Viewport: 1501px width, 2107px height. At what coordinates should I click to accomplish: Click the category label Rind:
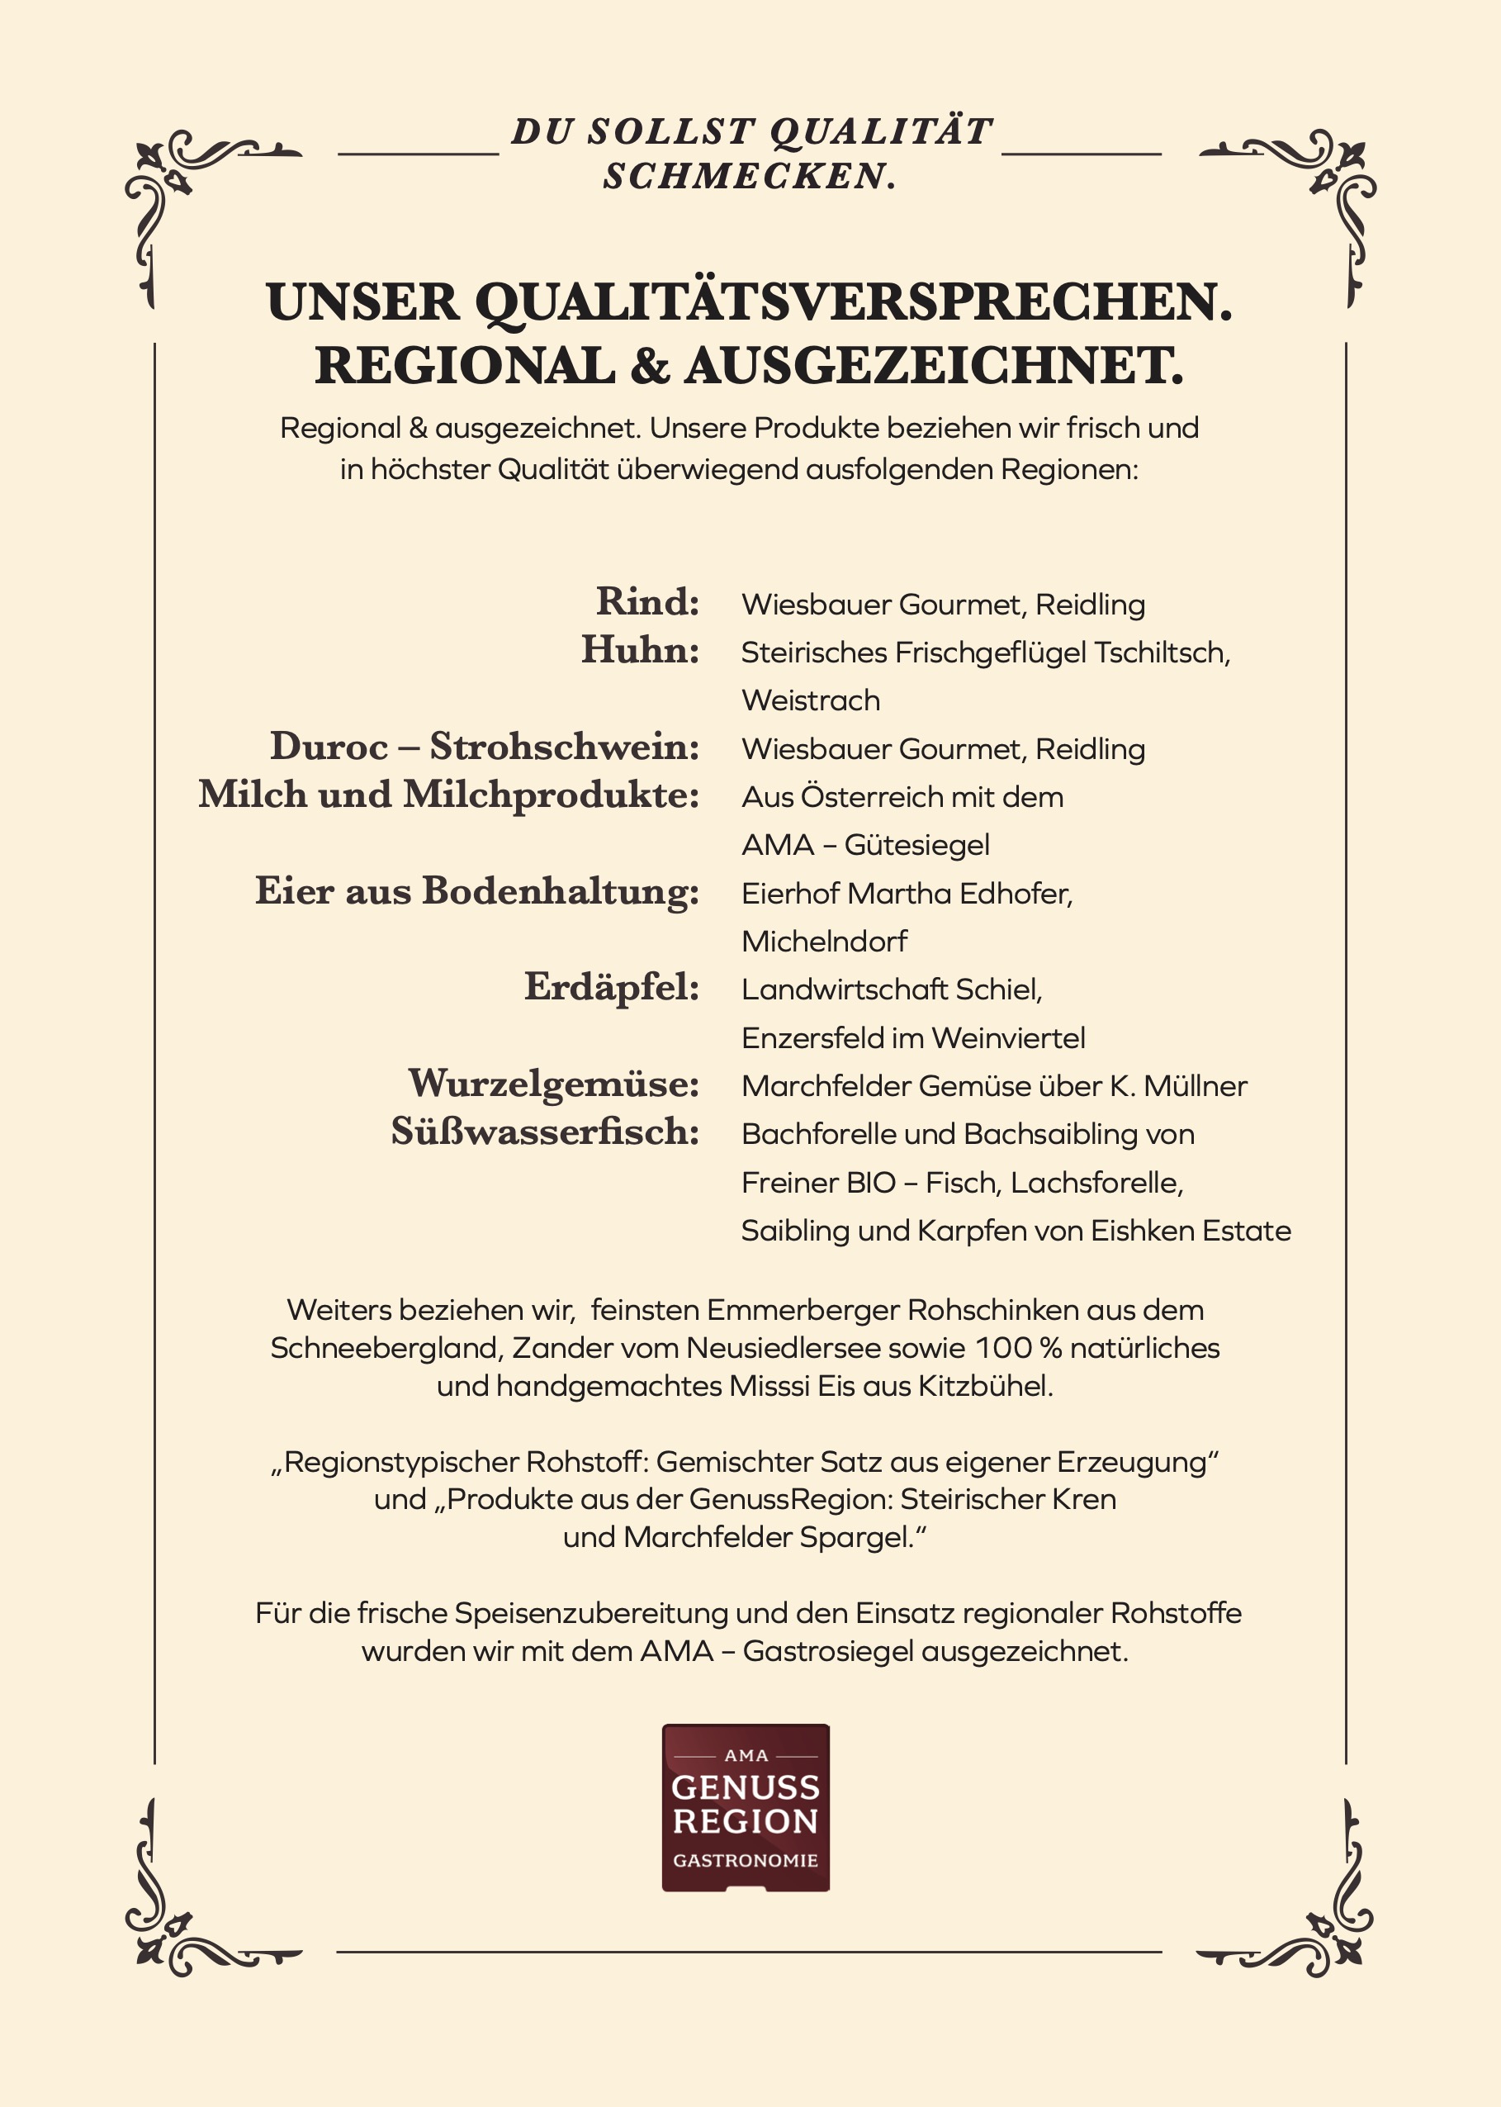pyautogui.click(x=647, y=602)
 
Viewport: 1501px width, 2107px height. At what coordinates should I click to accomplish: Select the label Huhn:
pyautogui.click(x=640, y=650)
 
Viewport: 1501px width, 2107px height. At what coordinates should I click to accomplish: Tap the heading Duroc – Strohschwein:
pyautogui.click(x=485, y=746)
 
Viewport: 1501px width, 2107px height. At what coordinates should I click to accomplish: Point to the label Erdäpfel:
pyautogui.click(x=612, y=986)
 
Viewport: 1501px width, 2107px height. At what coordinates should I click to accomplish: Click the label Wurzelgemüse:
pyautogui.click(x=554, y=1083)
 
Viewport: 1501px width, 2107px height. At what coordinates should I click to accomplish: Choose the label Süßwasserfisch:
pyautogui.click(x=545, y=1131)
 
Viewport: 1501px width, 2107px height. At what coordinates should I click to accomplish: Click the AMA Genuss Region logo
pyautogui.click(x=746, y=1807)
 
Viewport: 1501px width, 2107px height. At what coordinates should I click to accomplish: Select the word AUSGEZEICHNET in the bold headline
pyautogui.click(x=934, y=366)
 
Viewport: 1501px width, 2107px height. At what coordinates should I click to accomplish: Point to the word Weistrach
pyautogui.click(x=811, y=700)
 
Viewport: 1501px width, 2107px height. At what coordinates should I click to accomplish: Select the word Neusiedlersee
pyautogui.click(x=784, y=1348)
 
